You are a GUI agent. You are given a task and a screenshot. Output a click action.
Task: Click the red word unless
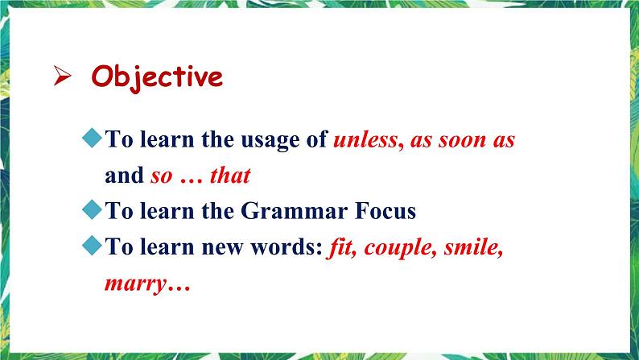click(x=365, y=140)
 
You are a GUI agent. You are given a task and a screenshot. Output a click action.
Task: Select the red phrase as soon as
click(x=463, y=140)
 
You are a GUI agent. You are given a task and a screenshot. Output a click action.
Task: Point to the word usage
click(x=269, y=140)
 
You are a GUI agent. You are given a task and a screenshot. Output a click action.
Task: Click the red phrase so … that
click(x=200, y=176)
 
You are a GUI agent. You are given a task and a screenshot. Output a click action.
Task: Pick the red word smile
click(x=473, y=248)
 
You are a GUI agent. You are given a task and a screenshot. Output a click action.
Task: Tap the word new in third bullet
click(x=236, y=248)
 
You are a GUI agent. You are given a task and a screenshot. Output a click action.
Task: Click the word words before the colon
click(x=291, y=248)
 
